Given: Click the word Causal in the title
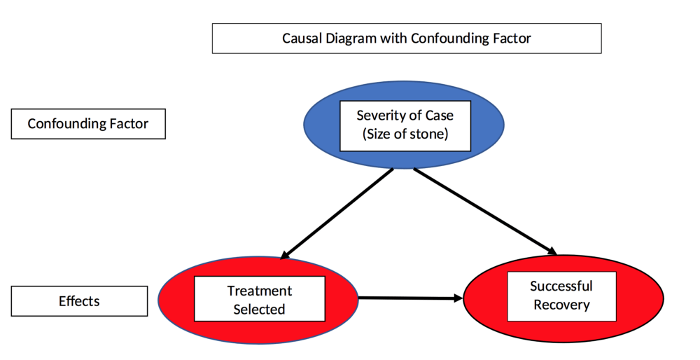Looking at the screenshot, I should tap(300, 39).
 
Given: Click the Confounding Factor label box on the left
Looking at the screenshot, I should tap(88, 124).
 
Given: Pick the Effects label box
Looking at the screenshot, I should tap(79, 302).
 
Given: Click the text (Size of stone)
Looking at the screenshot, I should tap(405, 134).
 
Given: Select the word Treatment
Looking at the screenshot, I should tap(259, 291).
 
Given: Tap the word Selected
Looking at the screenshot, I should tap(259, 309).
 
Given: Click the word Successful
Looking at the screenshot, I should tap(561, 286).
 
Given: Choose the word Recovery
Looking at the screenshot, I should tap(561, 305).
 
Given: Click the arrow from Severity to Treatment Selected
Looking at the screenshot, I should tap(336, 214).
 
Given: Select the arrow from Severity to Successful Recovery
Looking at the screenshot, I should tap(483, 210).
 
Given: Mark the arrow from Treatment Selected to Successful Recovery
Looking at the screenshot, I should tap(409, 298).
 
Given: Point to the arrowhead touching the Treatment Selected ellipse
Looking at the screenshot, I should tap(284, 255).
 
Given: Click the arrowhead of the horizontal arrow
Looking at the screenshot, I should tap(458, 298).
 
